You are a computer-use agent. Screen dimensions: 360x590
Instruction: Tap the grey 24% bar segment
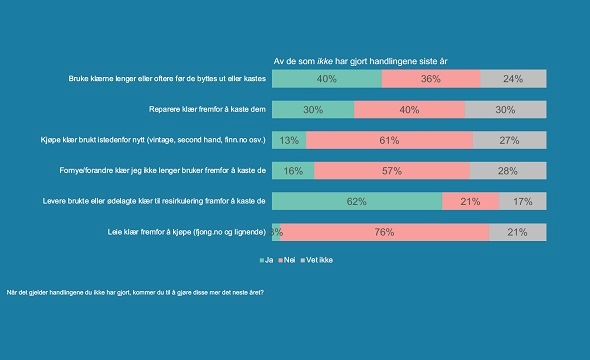(514, 79)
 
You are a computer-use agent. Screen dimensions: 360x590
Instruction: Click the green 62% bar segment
(357, 202)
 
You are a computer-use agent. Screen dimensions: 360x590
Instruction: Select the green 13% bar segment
(289, 141)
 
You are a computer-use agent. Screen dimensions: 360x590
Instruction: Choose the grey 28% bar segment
(508, 171)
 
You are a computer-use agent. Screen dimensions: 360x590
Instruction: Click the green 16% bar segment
(293, 171)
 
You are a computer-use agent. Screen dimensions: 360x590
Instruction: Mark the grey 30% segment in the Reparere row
(506, 110)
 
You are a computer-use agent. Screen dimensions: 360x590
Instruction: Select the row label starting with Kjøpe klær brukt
(152, 141)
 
